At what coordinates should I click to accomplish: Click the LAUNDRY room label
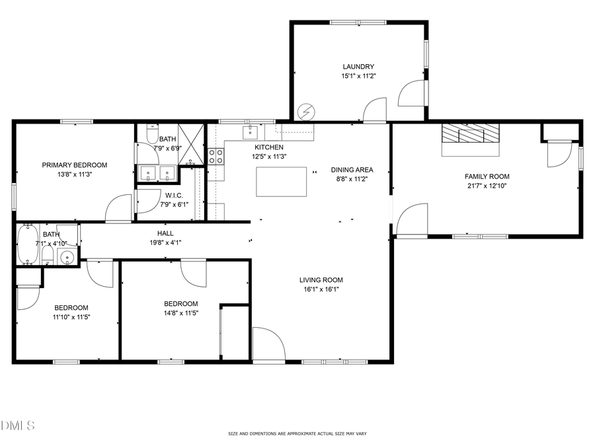click(x=358, y=67)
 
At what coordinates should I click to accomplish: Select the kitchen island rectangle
click(x=282, y=182)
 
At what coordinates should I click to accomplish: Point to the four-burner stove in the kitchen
click(x=216, y=156)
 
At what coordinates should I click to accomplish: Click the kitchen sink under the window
click(x=251, y=130)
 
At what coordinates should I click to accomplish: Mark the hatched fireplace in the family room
click(x=471, y=133)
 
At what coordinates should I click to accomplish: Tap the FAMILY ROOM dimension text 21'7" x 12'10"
click(x=487, y=186)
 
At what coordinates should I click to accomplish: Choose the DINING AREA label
click(x=352, y=170)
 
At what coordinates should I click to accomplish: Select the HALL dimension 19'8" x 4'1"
click(x=165, y=242)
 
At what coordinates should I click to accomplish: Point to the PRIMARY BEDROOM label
click(x=74, y=165)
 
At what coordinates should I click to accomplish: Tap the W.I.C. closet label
click(x=174, y=196)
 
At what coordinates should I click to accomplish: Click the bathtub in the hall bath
click(x=27, y=244)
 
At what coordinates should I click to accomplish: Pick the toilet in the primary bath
click(x=151, y=135)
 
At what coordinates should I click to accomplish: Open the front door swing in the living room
click(x=268, y=344)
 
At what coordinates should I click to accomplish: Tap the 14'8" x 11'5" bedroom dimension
click(x=181, y=313)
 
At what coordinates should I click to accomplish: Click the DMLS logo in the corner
click(x=17, y=425)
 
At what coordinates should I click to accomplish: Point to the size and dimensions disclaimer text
click(x=297, y=433)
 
